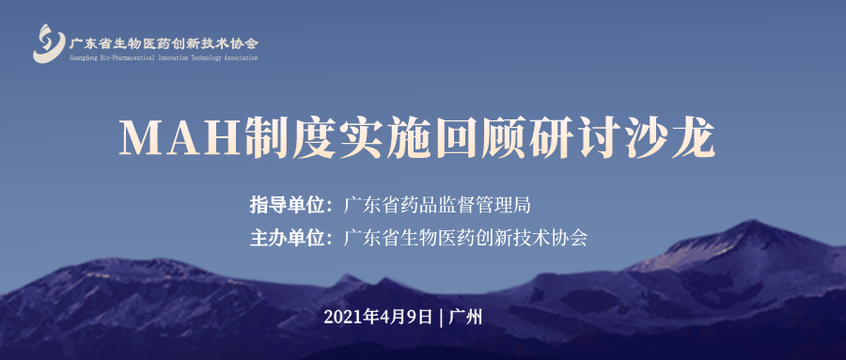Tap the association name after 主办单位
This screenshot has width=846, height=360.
pos(466,237)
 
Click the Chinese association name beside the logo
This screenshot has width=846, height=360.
pos(164,42)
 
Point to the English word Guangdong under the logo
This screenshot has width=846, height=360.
pos(86,57)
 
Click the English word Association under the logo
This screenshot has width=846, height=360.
pos(238,57)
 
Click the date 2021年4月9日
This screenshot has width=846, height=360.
pos(379,316)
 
